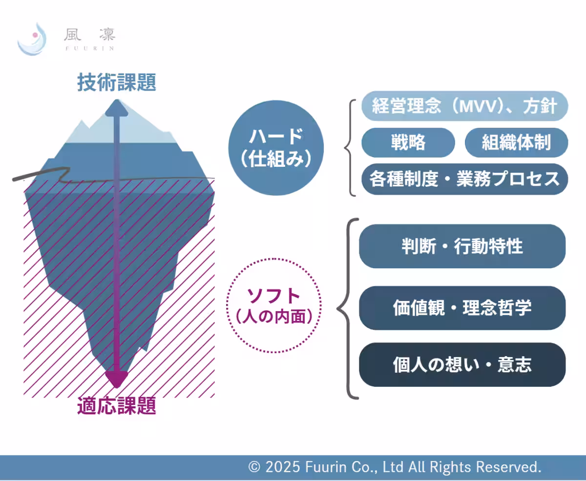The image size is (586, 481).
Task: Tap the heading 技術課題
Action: click(117, 83)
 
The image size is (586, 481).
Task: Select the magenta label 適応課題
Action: click(117, 406)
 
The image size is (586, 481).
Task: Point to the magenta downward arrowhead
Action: click(117, 379)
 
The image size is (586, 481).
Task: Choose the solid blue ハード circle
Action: click(275, 147)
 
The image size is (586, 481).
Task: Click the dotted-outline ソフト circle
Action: click(274, 305)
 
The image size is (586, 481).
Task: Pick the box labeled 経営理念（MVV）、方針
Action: click(464, 106)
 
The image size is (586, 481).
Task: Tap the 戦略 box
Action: click(408, 142)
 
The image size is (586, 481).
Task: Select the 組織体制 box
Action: click(516, 142)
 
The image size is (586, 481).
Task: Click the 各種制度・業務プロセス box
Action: click(464, 179)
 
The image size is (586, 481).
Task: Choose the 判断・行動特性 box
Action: click(462, 246)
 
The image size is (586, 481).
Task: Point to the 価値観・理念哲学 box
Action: click(462, 308)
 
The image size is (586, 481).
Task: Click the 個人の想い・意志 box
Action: click(462, 365)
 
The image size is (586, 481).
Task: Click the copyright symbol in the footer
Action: click(254, 467)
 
